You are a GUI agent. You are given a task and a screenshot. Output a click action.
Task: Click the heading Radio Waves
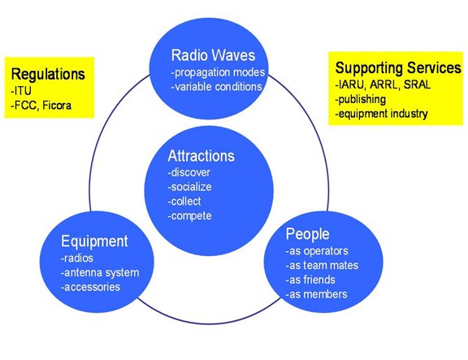pos(213,55)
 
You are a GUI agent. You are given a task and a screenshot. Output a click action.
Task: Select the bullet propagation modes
pos(218,72)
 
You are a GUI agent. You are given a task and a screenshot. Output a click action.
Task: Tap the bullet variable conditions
pos(216,87)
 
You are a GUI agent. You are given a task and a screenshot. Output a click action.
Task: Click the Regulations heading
pos(48,74)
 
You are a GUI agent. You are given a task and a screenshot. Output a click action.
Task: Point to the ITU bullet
pos(21,91)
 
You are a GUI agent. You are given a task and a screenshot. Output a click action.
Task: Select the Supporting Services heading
pos(398,67)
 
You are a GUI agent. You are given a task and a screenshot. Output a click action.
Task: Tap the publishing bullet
pos(360,100)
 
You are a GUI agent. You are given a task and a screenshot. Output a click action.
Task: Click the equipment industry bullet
pos(381,114)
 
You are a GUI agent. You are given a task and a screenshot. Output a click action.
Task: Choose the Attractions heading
pos(201,156)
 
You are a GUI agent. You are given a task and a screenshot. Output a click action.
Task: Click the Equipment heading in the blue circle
pos(94,241)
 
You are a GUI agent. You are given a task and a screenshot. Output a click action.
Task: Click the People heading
pos(308,234)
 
